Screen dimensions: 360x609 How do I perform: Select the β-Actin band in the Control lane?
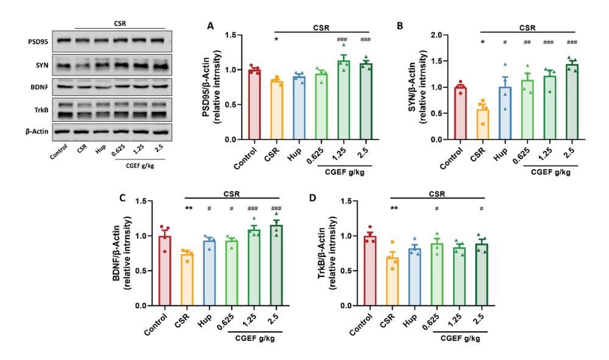point(64,130)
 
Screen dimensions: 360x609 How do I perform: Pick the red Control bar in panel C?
point(165,270)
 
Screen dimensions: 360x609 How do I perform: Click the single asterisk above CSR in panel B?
point(482,43)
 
